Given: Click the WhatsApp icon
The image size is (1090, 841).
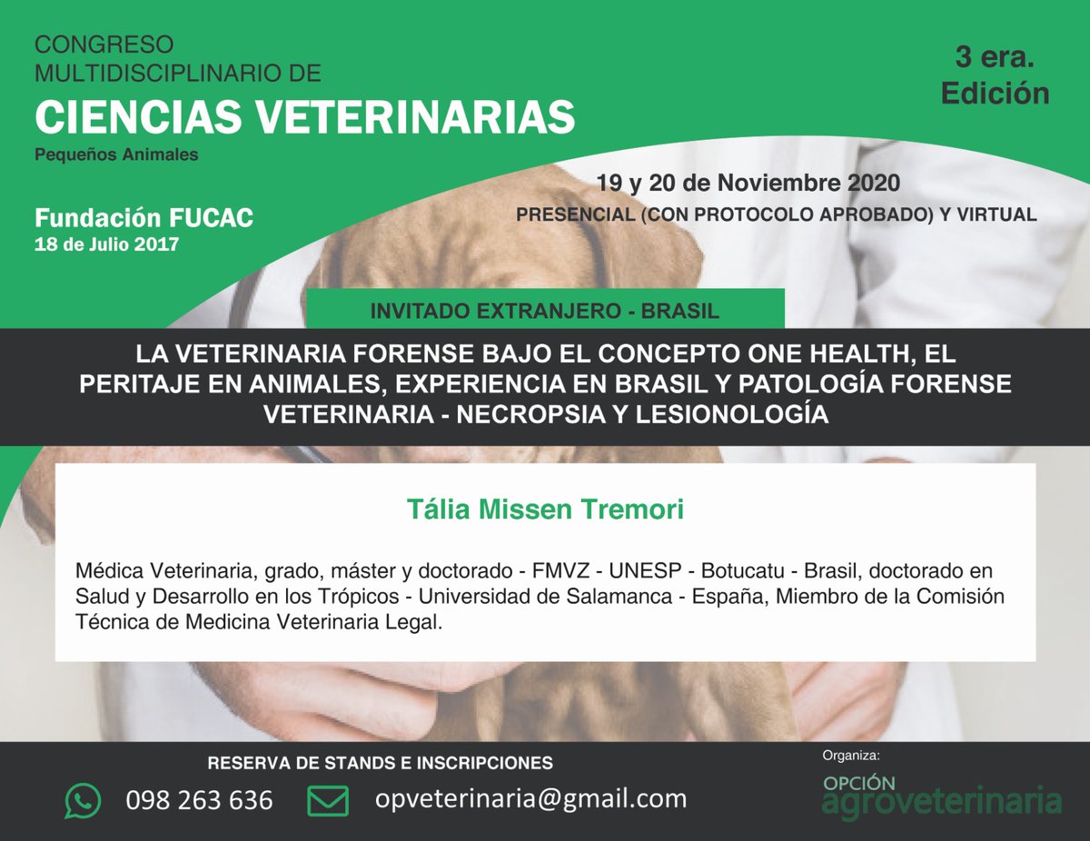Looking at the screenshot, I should [84, 800].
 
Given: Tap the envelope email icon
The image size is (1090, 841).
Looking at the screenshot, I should [327, 800].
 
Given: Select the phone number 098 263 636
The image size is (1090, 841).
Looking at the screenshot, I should [199, 800].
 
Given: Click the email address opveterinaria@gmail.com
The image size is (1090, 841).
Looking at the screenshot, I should [530, 798].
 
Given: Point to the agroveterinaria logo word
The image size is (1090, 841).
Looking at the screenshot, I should [941, 802].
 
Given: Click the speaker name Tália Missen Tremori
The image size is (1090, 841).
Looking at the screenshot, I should [545, 510].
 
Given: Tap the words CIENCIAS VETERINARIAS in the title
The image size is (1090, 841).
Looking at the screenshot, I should [304, 116].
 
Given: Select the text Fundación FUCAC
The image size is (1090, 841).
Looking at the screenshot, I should [144, 218].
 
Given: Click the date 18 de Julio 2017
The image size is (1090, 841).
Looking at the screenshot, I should [106, 244].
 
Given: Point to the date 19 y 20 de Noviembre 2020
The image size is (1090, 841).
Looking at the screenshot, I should [748, 183].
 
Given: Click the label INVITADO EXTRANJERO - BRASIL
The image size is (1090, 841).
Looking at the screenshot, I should [545, 311].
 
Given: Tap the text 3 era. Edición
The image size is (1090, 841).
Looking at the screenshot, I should [995, 75].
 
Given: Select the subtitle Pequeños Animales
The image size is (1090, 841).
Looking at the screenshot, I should [116, 154].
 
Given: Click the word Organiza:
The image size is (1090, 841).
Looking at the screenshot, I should [851, 756].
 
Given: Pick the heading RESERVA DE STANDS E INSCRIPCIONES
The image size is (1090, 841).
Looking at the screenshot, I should [380, 763].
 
